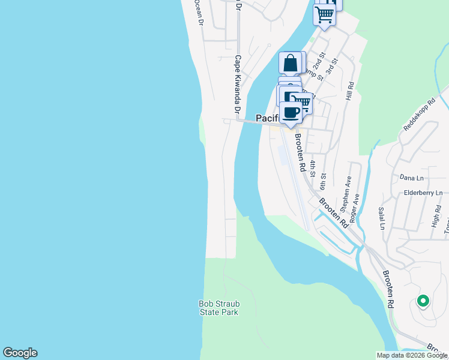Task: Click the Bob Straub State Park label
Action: pos(218,308)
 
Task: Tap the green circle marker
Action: pos(423,301)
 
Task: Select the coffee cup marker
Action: pos(291,112)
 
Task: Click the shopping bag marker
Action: pos(291,63)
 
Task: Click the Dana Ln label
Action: pos(411,178)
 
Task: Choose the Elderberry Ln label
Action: pos(423,193)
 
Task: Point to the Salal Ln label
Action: pos(381,218)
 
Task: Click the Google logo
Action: pos(20,353)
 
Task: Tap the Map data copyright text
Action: pos(411,355)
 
